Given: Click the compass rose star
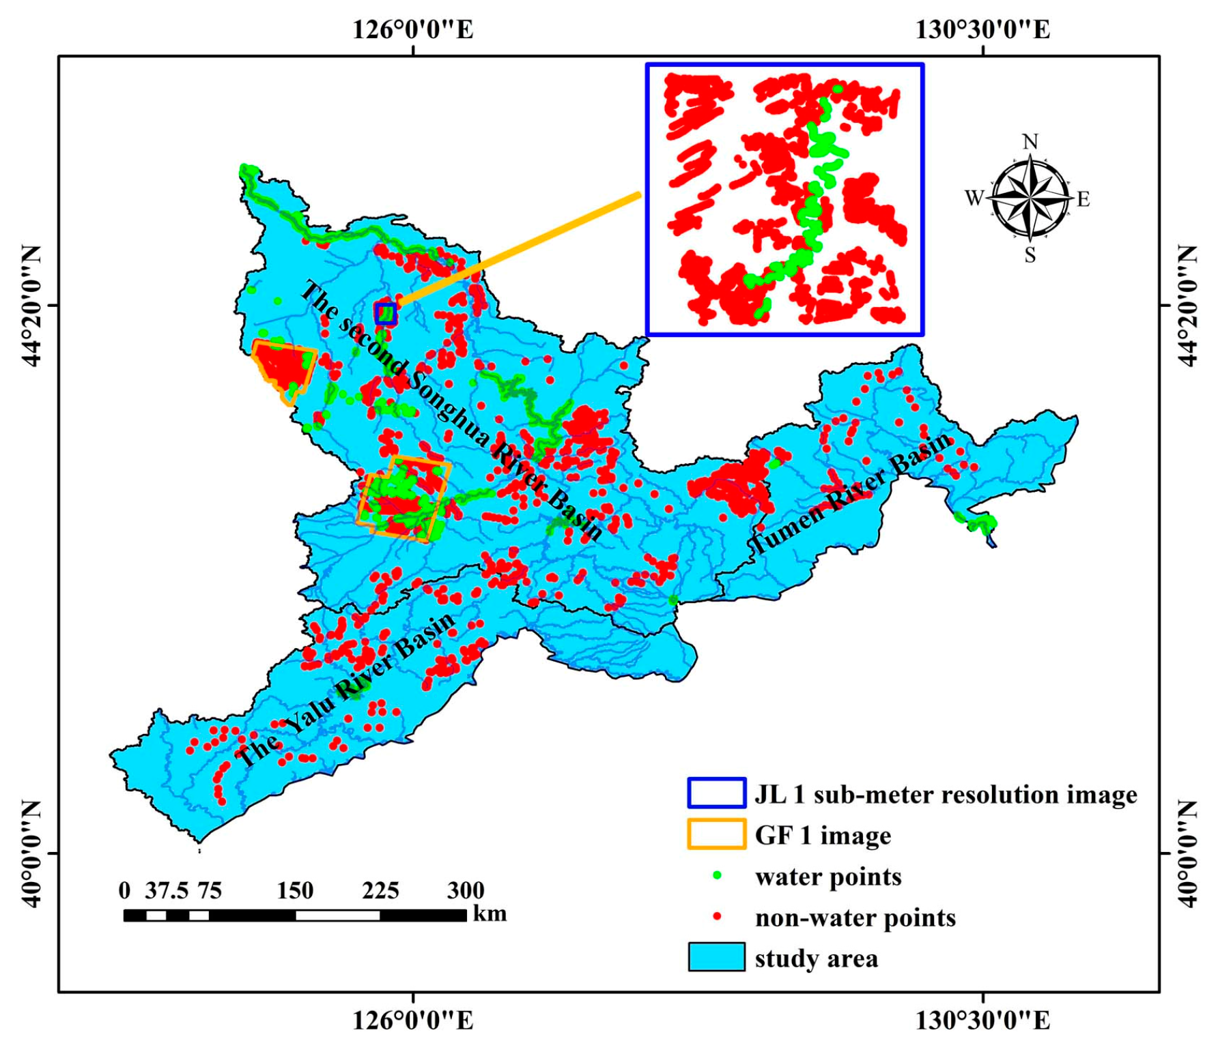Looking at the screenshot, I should [x=1030, y=199].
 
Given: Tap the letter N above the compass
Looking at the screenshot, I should [x=1030, y=142].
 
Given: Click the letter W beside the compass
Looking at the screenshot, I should [x=974, y=199].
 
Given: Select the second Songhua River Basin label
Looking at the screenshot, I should [x=452, y=410].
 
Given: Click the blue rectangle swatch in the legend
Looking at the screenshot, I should [x=716, y=793].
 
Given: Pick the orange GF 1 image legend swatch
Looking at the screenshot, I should [x=716, y=834].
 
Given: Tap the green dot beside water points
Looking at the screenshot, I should [x=717, y=876].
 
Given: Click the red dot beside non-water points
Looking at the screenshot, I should [x=717, y=917].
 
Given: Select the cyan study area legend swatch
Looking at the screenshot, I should [x=716, y=957].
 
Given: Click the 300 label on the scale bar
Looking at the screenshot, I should [x=466, y=890].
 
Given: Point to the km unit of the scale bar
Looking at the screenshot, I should [x=490, y=914].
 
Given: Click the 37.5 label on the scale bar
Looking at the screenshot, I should [x=166, y=890].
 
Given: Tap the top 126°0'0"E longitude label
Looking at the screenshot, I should [x=413, y=29].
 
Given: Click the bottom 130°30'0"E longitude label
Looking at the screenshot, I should [x=982, y=1021].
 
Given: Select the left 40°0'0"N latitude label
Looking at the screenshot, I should [x=31, y=853].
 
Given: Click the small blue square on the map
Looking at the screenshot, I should [x=386, y=313].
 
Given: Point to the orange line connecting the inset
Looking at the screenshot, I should [x=519, y=250].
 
